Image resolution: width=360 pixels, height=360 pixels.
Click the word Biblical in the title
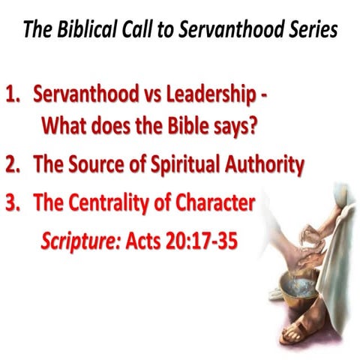(x=87, y=31)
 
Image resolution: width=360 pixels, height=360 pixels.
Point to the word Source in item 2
(x=102, y=164)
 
